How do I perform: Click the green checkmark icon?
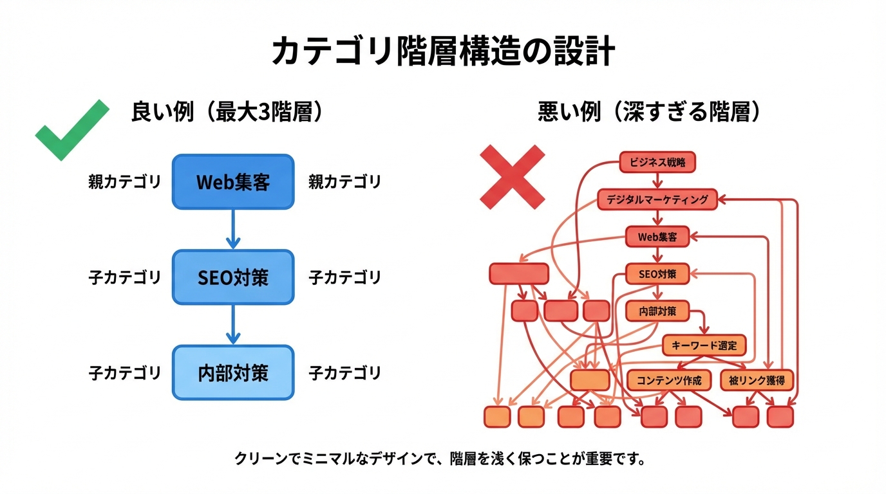point(71,130)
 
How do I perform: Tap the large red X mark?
point(513,176)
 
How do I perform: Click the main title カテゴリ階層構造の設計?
point(442,52)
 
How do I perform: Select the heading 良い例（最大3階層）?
point(226,113)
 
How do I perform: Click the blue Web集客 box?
point(232,182)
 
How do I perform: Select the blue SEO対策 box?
point(232,277)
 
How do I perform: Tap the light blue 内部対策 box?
point(232,372)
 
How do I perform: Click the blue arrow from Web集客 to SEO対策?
point(232,229)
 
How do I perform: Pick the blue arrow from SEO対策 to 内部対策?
point(232,324)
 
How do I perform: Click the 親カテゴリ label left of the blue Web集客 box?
point(124,182)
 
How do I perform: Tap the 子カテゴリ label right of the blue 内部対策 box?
point(344,372)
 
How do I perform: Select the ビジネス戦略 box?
point(657,162)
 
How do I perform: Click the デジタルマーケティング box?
point(657,199)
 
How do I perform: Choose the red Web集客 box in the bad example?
point(657,237)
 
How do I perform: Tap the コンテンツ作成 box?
point(668,380)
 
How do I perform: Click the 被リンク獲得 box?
point(757,380)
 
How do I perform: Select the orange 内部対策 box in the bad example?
point(657,311)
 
